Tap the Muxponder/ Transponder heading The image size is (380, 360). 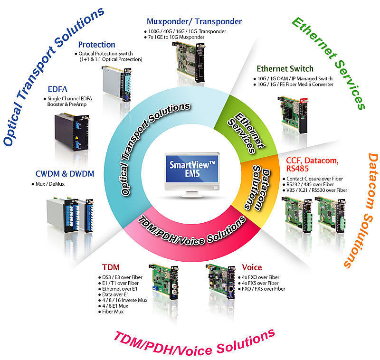(194, 21)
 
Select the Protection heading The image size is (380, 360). (96, 45)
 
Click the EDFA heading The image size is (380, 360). (58, 89)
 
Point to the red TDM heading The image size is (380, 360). (111, 267)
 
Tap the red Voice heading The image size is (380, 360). (251, 267)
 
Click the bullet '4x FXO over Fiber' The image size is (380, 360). (261, 277)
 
